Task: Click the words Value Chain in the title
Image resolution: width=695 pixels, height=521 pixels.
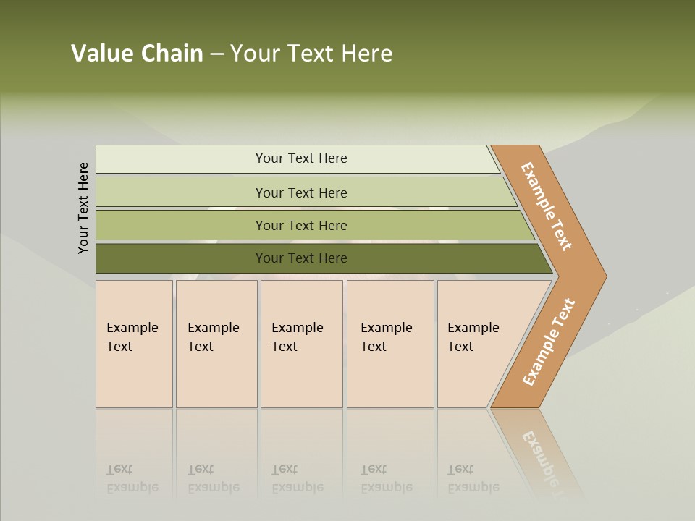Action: point(137,54)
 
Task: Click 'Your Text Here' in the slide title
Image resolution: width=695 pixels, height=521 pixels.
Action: point(311,54)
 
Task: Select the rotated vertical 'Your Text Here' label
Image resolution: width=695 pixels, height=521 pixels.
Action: point(83,208)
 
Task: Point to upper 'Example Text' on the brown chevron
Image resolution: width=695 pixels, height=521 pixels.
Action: point(547,206)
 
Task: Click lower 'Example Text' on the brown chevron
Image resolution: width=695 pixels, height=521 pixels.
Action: point(549,342)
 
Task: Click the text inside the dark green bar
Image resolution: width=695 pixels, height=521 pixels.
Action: point(301,258)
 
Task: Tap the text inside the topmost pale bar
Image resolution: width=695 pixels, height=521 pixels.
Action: point(301,158)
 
